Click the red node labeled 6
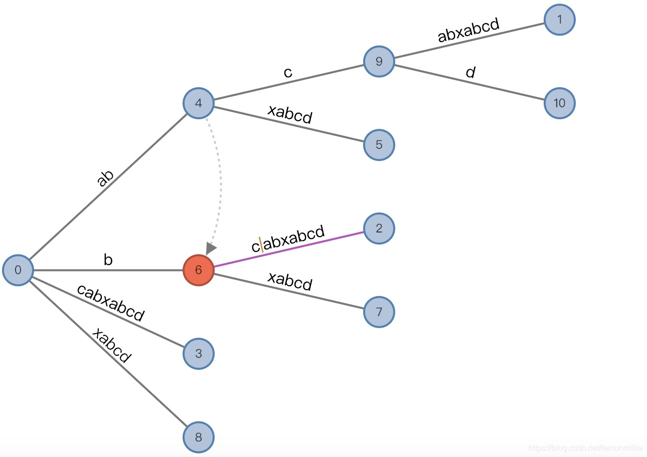(x=198, y=271)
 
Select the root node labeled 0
(x=18, y=271)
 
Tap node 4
(x=198, y=103)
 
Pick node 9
(x=379, y=62)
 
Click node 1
(x=559, y=20)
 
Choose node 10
(x=559, y=103)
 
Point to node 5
(x=379, y=145)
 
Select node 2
(x=379, y=229)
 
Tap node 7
(x=379, y=312)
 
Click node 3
(x=198, y=354)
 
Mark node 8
(x=198, y=437)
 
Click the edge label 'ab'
(x=105, y=178)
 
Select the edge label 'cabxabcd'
(x=110, y=302)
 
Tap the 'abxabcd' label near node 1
(x=468, y=30)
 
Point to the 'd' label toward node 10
(x=470, y=73)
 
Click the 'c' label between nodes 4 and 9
(x=287, y=72)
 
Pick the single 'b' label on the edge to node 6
(x=108, y=260)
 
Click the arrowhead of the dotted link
(x=211, y=248)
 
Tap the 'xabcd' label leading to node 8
(x=111, y=345)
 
